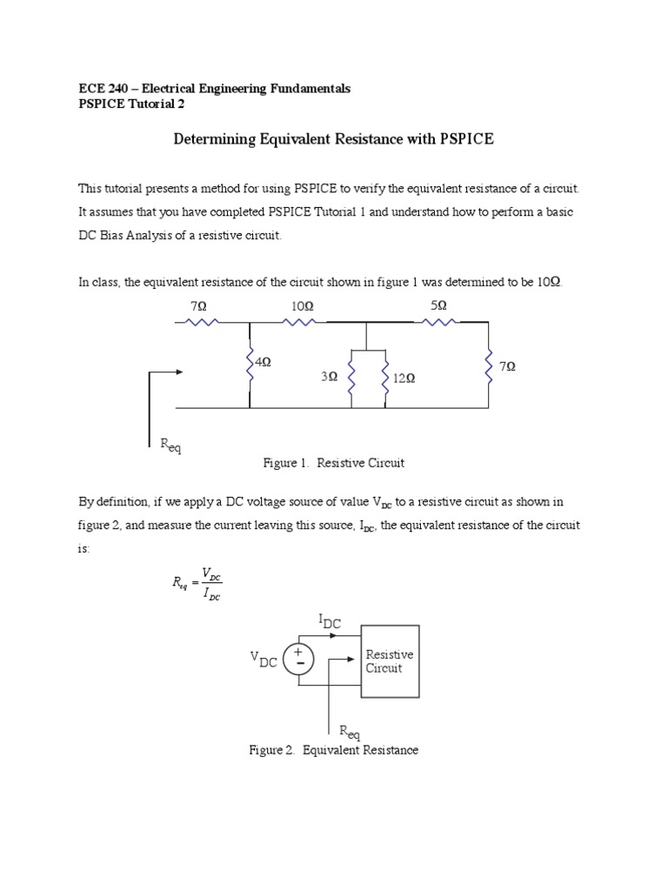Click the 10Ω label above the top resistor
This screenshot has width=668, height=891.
click(x=303, y=306)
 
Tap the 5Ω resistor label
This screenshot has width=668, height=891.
click(x=438, y=306)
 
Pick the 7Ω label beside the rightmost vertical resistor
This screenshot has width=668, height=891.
click(x=508, y=367)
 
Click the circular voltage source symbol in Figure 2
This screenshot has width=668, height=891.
click(x=299, y=658)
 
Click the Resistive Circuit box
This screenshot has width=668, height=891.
click(x=390, y=661)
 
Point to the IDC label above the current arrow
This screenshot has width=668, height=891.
click(x=330, y=621)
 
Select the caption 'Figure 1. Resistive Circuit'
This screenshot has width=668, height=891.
click(x=334, y=463)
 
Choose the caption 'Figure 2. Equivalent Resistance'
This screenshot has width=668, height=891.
click(x=334, y=750)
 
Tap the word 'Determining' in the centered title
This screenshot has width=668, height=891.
click(x=212, y=138)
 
